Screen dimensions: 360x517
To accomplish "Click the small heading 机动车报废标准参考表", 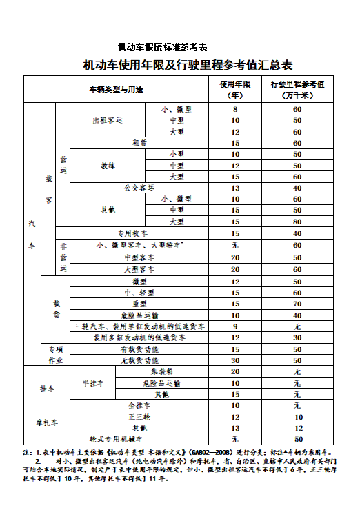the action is click(x=162, y=47).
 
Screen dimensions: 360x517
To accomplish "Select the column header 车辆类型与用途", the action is click(x=117, y=90).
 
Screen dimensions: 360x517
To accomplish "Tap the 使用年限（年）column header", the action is click(x=235, y=90).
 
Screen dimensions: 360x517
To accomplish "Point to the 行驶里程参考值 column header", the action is click(x=297, y=90).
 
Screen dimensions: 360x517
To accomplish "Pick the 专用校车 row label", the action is click(x=133, y=233).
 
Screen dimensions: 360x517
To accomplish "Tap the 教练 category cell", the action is click(x=108, y=166).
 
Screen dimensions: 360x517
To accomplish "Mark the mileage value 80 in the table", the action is click(x=297, y=222).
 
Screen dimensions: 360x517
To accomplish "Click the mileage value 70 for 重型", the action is click(x=297, y=304).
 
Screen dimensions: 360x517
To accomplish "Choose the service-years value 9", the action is click(x=235, y=326).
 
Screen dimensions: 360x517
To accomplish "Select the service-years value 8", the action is click(x=235, y=110).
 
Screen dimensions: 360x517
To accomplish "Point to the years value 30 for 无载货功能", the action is click(x=235, y=360).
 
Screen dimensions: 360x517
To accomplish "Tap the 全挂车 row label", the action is click(x=139, y=405).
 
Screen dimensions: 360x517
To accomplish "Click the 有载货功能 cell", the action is click(x=139, y=349).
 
